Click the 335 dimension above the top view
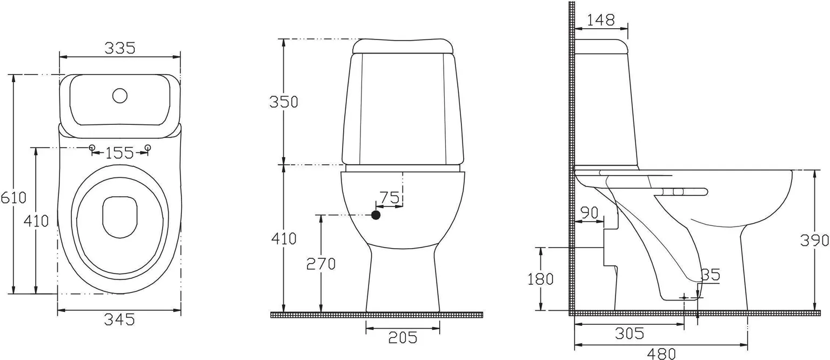[x=119, y=48]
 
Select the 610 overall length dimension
[x=13, y=197]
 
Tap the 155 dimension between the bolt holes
[x=119, y=153]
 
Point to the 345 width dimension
[x=119, y=319]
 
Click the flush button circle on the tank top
[x=119, y=96]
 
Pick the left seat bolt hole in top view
[x=92, y=148]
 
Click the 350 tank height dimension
[x=284, y=102]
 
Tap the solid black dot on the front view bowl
[x=376, y=215]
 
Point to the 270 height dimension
[x=321, y=264]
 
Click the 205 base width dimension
[x=403, y=337]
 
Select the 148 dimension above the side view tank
[x=601, y=20]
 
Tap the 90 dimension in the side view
[x=589, y=212]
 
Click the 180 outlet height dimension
[x=540, y=279]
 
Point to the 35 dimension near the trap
[x=711, y=275]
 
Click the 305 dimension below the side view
[x=630, y=334]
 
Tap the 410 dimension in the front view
[x=284, y=238]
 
